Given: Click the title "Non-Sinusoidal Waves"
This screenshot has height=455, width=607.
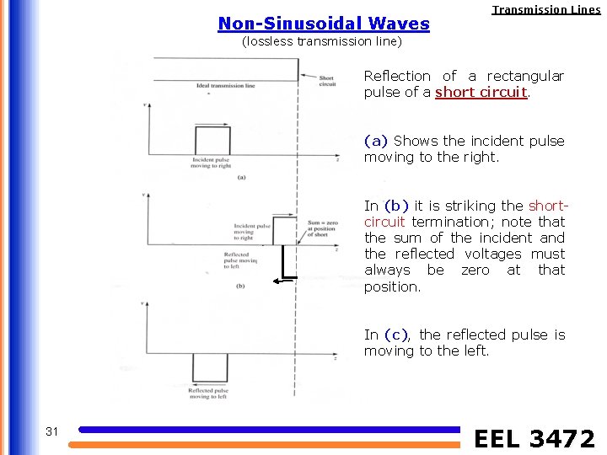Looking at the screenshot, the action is pos(324,24).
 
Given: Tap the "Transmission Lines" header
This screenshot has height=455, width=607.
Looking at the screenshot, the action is pos(546,10).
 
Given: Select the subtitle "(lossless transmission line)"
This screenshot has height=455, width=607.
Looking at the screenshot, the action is pos(322,41).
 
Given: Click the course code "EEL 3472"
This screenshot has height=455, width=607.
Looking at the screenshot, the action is pos(534,438).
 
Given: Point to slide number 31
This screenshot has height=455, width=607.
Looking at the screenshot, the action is pos(52,431).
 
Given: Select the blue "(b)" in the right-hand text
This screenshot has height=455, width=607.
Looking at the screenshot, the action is pos(396,206).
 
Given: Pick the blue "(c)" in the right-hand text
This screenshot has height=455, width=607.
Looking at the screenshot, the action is pos(396,335).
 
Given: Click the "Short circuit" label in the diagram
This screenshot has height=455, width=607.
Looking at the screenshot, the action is pos(327,81).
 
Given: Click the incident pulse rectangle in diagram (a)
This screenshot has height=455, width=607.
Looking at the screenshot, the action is pos(212,140).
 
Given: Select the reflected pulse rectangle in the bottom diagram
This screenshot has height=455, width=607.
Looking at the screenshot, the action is pos(210,367).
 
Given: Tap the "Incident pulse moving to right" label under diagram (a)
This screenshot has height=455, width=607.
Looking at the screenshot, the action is pos(212,163).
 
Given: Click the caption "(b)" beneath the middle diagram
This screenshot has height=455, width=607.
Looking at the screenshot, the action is pos(240,286).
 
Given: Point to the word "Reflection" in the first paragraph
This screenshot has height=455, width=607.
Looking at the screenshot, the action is pos(397,76).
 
